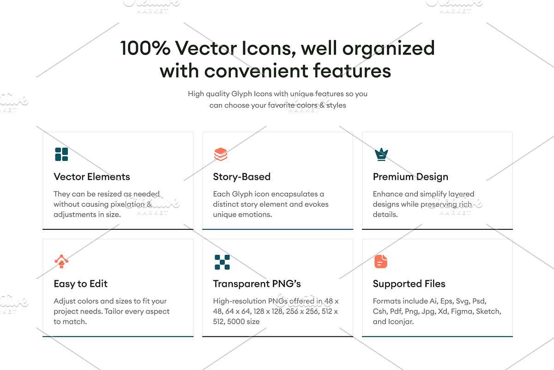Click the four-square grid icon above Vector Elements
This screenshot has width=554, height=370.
point(61,154)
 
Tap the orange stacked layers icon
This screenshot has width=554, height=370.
point(221,154)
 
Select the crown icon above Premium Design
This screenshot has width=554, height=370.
point(381,154)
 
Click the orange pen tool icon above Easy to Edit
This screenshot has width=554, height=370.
point(61,261)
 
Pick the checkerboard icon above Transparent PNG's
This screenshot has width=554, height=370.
point(222,262)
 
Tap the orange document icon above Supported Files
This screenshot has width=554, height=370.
point(381,261)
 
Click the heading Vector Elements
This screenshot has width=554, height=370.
point(92,177)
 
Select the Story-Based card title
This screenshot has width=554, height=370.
point(241,177)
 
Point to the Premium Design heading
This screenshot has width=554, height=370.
point(410,177)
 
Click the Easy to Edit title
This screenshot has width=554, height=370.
point(81,284)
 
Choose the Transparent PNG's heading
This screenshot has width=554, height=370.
point(257,284)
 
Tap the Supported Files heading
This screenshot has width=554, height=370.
point(409,284)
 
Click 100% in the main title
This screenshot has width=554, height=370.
point(145,48)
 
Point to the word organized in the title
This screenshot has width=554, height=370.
point(389,49)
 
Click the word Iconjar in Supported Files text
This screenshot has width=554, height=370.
point(401,322)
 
